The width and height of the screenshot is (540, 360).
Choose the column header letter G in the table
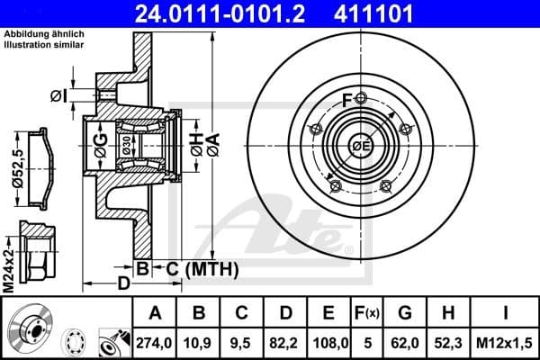[x=406, y=313]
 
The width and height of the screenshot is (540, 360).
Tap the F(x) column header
[x=367, y=313]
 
